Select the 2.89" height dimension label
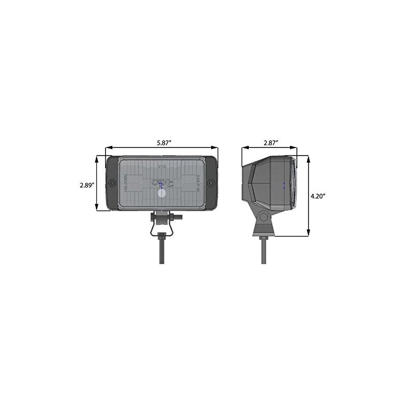pyautogui.click(x=87, y=186)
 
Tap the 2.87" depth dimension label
pyautogui.click(x=270, y=143)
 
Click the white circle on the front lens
pyautogui.click(x=162, y=193)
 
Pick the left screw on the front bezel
pyautogui.click(x=110, y=182)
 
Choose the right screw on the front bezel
pyautogui.click(x=213, y=182)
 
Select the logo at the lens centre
pyautogui.click(x=161, y=182)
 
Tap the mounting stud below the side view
pyautogui.click(x=264, y=250)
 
